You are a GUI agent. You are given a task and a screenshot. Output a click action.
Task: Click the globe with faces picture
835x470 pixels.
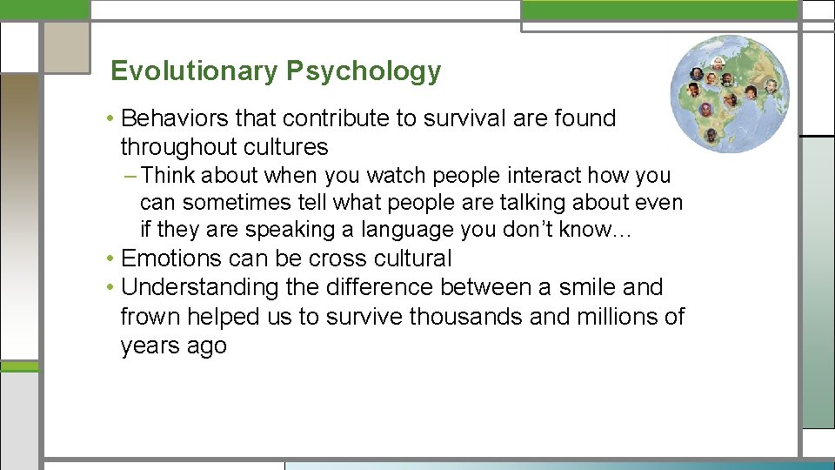pos(731,93)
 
